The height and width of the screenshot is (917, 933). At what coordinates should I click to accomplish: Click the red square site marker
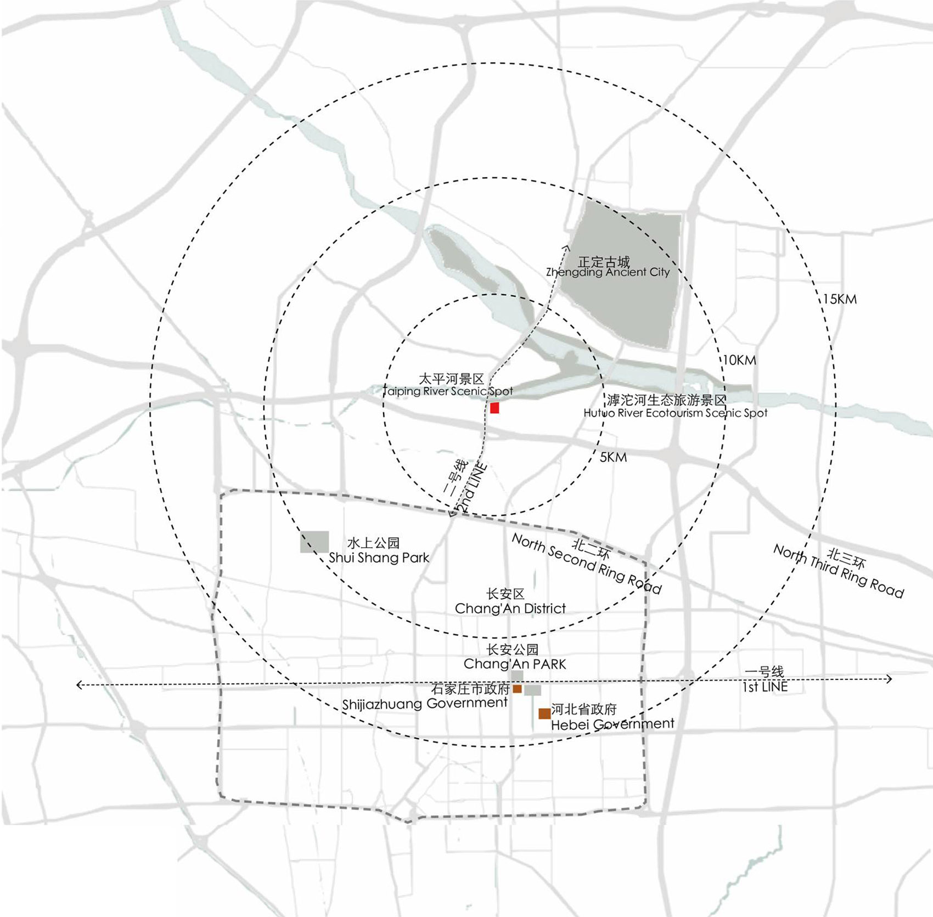point(494,408)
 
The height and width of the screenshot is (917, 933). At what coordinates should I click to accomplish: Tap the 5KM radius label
point(613,457)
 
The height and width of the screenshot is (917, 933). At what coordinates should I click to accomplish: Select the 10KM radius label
point(739,361)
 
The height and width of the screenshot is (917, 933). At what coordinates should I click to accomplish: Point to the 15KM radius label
point(840,300)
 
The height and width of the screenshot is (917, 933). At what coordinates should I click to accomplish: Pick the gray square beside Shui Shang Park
point(314,542)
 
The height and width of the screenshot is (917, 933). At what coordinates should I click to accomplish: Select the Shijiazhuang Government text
point(425,704)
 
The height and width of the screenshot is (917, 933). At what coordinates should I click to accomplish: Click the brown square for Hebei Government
point(544,713)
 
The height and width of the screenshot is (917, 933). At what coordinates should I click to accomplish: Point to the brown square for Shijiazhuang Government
point(517,689)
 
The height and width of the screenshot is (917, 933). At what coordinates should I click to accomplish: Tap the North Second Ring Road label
point(587,564)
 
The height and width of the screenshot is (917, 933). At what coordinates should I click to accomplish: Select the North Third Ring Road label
point(839,570)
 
